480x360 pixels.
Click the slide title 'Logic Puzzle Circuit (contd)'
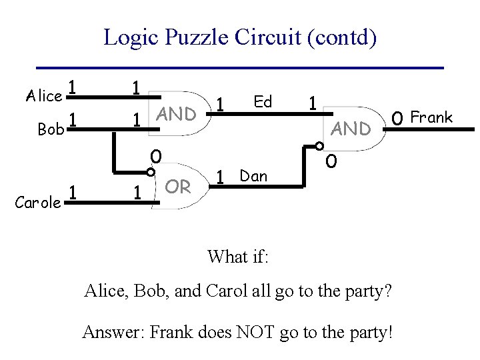pos(240,37)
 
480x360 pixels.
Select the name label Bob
pos(51,129)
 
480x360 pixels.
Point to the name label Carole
pos(38,203)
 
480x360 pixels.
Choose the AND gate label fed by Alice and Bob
pos(176,114)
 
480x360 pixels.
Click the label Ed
pos(263,101)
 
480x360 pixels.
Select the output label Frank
pos(431,118)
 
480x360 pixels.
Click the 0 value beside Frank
pos(397,119)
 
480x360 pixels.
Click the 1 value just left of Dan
pos(220,178)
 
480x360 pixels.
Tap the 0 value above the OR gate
pos(155,157)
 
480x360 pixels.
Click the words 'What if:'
pos(237,257)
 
